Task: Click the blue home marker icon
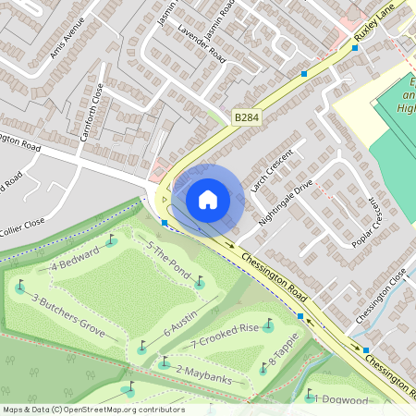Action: [x=208, y=199]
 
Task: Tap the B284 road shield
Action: [x=246, y=117]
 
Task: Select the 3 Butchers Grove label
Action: [x=68, y=313]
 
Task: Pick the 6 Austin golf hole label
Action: [x=181, y=324]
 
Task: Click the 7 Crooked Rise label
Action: [x=226, y=336]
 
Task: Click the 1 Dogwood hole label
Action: [x=342, y=399]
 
